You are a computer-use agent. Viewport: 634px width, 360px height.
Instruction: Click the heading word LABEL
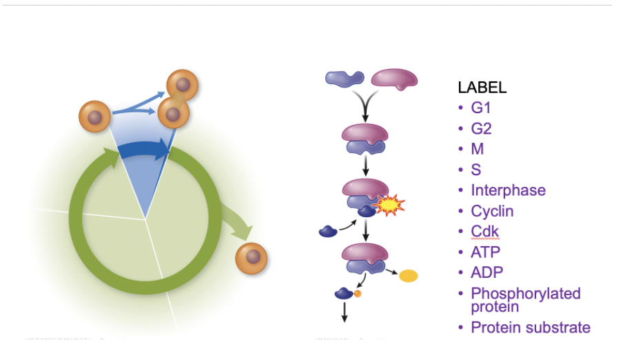[482, 88]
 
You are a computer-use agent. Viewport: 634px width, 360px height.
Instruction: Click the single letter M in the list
[477, 149]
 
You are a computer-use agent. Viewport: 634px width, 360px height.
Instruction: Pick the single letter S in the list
[476, 170]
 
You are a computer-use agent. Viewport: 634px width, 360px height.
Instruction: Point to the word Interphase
[508, 190]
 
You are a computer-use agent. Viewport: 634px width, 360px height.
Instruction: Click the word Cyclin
[492, 211]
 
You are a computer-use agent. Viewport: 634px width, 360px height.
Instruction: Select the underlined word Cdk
[484, 231]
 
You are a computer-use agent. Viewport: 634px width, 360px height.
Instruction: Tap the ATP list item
[485, 252]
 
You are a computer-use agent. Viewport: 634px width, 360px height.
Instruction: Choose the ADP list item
[487, 272]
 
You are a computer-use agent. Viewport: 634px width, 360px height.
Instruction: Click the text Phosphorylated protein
[525, 299]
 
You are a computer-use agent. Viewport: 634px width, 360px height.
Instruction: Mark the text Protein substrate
[530, 328]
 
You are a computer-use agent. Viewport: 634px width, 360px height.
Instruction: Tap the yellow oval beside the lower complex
[409, 276]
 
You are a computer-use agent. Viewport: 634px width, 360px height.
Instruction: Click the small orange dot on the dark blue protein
[358, 294]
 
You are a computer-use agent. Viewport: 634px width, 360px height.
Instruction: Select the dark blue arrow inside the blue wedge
[144, 150]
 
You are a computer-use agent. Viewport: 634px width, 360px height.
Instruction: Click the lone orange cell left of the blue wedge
[94, 117]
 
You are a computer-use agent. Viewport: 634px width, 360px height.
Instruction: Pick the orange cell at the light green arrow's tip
[251, 258]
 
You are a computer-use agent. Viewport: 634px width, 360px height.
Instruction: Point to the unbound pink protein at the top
[394, 79]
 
